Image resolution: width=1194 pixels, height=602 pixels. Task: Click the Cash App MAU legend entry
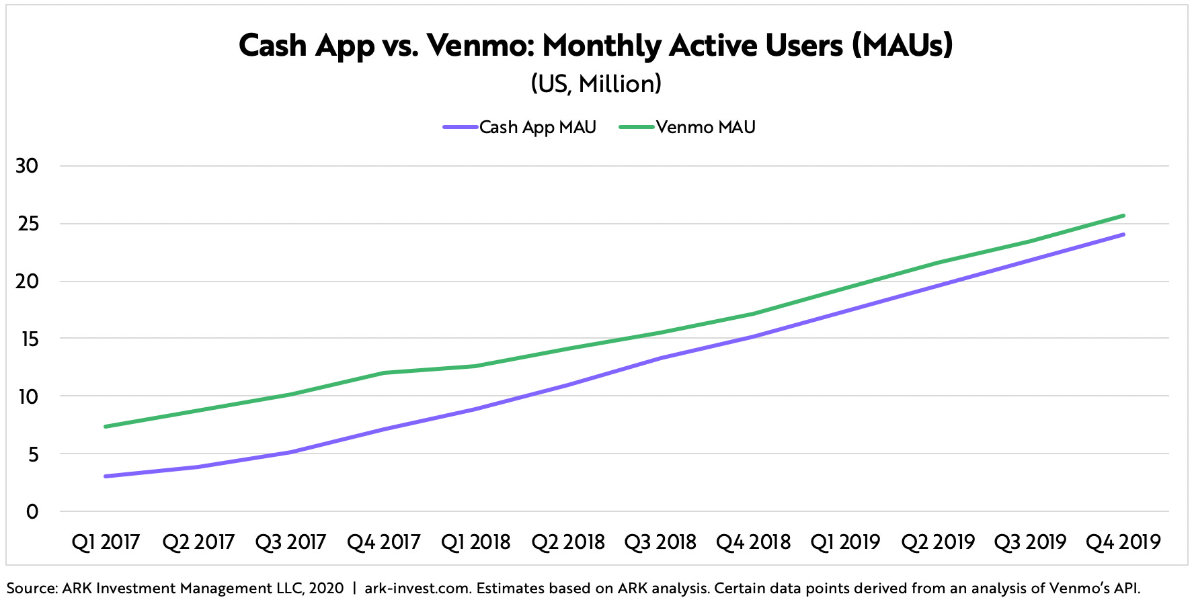click(520, 127)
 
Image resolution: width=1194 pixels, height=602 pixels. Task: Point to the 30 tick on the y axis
click(28, 166)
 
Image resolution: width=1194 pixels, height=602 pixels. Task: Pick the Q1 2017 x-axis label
click(106, 542)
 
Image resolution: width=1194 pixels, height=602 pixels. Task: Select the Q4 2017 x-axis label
click(383, 542)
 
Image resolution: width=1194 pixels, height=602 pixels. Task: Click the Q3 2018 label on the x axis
click(660, 542)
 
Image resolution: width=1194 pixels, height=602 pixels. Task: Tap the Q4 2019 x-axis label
click(1123, 542)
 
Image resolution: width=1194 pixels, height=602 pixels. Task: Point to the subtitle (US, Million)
click(596, 84)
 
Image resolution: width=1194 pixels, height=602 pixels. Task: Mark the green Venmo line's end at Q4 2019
click(1123, 216)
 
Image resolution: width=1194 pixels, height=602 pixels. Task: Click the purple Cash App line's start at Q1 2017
click(106, 476)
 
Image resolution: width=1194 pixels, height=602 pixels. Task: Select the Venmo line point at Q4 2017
click(383, 373)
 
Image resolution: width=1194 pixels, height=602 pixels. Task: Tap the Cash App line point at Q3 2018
click(660, 358)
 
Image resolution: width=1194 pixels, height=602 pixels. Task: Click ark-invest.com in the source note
click(417, 589)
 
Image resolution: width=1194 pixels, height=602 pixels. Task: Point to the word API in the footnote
click(1127, 589)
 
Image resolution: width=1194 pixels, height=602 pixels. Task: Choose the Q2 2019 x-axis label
click(938, 542)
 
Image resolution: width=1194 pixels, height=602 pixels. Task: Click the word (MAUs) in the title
click(902, 46)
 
